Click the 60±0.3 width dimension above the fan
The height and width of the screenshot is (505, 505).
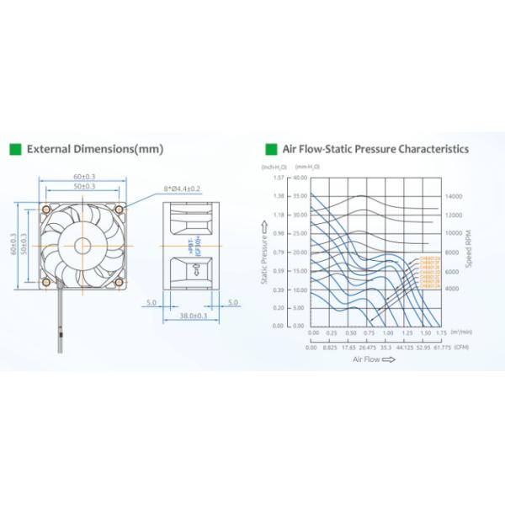[x=83, y=176]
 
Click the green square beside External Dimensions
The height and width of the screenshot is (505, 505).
[x=15, y=150]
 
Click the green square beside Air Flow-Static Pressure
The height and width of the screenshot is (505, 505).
[x=271, y=150]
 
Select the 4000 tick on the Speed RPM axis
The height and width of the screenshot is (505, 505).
[x=452, y=289]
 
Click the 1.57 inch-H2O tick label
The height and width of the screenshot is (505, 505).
[x=279, y=178]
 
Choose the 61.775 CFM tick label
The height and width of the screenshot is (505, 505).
[x=441, y=345]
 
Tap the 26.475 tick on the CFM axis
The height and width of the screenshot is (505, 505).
[x=367, y=345]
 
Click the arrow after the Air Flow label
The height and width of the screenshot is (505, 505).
[x=388, y=359]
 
